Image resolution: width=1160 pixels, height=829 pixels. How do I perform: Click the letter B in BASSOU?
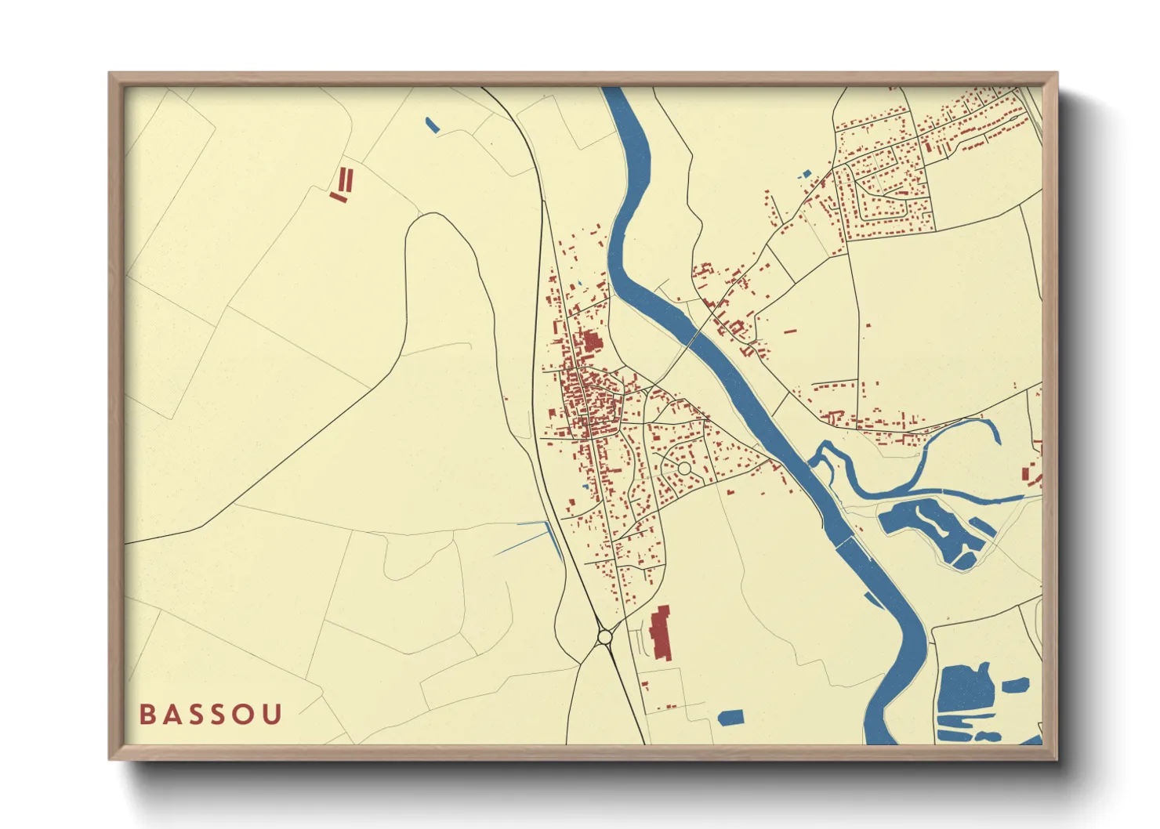click(147, 715)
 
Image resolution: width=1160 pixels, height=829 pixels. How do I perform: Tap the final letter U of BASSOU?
click(272, 715)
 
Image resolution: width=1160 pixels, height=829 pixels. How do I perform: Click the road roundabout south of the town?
click(604, 637)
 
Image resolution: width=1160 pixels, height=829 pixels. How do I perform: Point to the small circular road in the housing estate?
click(683, 468)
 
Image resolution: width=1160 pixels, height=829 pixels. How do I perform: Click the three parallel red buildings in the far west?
click(343, 185)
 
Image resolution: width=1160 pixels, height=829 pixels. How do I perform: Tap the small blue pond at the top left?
click(431, 124)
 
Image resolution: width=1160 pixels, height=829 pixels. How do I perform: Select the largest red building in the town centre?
click(590, 342)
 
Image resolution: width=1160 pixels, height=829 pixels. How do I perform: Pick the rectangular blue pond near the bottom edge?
click(730, 716)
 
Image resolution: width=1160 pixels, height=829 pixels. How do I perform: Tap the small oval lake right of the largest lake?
click(1015, 685)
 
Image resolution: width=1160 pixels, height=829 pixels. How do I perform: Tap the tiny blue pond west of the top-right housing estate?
click(806, 174)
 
